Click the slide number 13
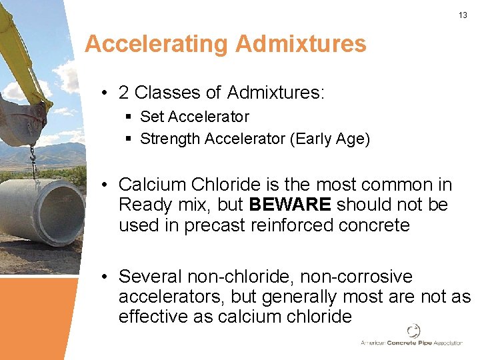pyautogui.click(x=463, y=15)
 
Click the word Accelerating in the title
pyautogui.click(x=157, y=44)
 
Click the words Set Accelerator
pyautogui.click(x=194, y=117)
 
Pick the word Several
pyautogui.click(x=151, y=277)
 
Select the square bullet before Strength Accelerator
pyautogui.click(x=129, y=139)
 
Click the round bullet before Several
pyautogui.click(x=105, y=277)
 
